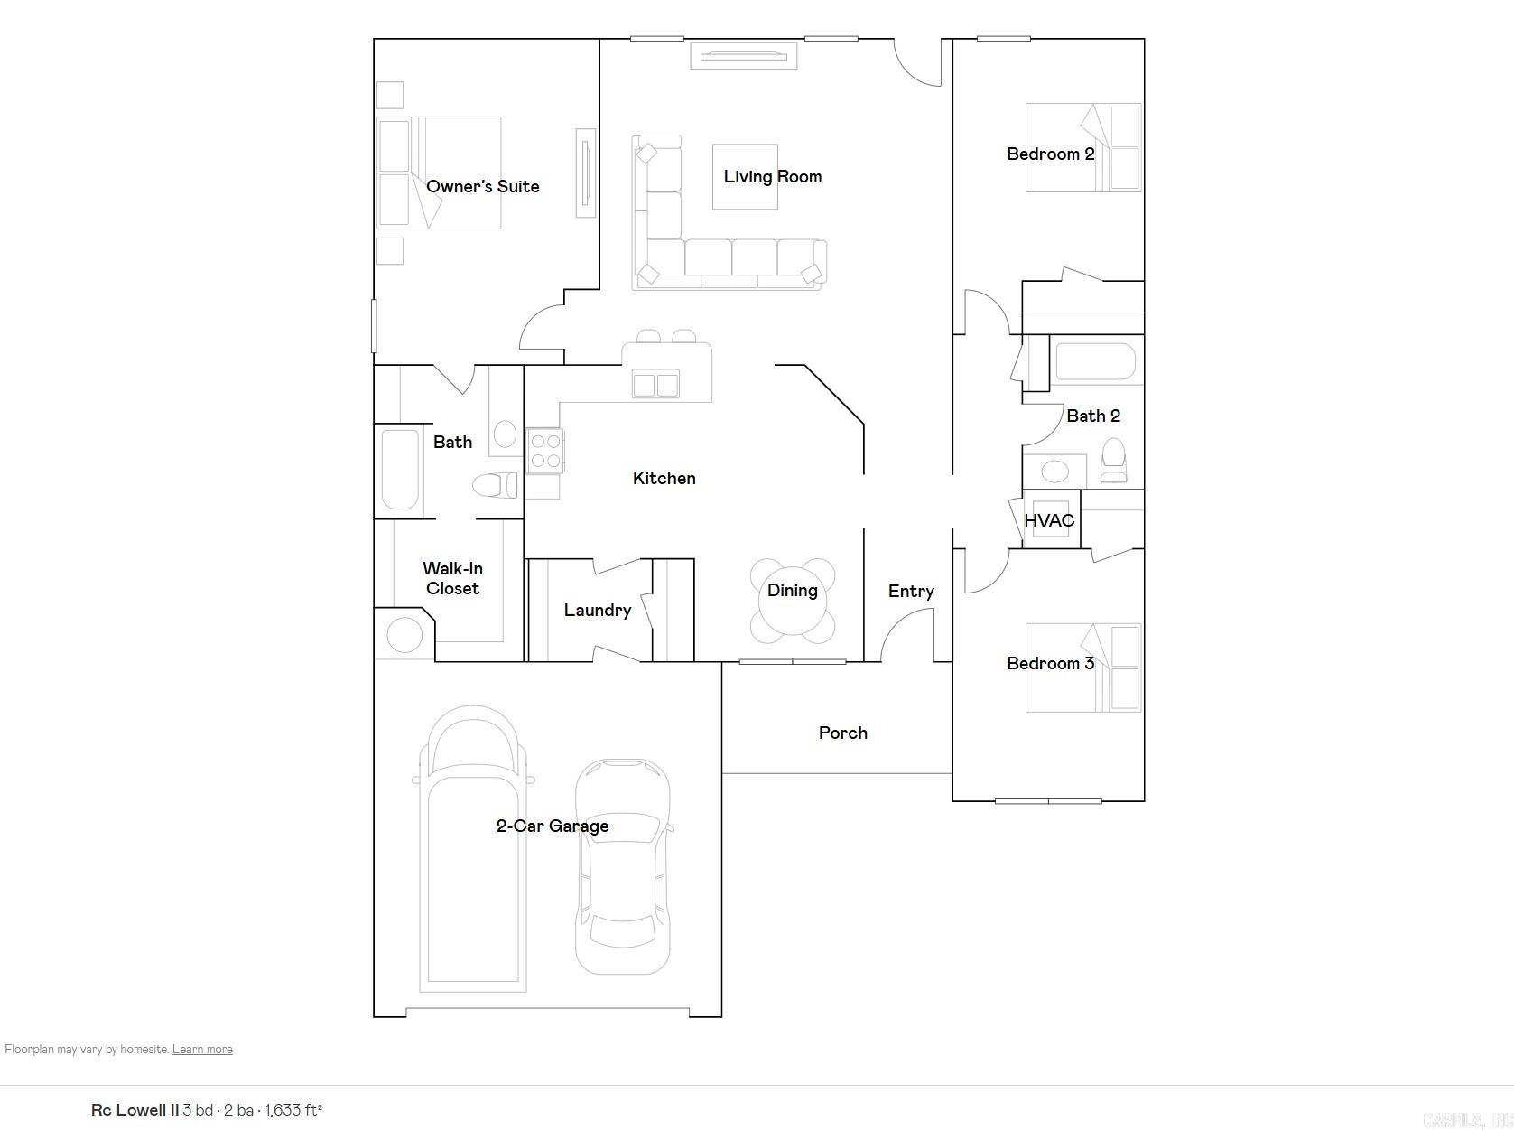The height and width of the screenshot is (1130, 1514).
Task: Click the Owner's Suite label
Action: pos(482,186)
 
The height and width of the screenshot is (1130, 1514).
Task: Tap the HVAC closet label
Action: pos(1049,520)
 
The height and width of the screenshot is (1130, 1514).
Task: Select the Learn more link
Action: pos(202,1049)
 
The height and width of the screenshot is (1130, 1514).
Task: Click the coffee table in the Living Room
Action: pos(745,177)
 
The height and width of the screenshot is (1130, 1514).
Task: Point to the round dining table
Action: pos(793,602)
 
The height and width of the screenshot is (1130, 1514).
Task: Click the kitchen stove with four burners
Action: pos(544,451)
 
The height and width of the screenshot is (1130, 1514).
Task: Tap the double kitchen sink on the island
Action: pos(655,385)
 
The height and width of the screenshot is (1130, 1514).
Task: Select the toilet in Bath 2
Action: pos(1114,461)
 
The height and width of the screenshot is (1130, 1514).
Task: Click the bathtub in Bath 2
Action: pos(1094,361)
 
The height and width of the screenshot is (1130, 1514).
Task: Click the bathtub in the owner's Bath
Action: pos(400,470)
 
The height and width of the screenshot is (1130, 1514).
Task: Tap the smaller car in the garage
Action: pos(623,867)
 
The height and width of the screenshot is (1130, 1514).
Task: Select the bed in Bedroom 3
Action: pos(1083,668)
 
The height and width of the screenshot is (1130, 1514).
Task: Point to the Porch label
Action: pos(842,733)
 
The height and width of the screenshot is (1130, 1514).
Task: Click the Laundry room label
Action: pos(597,610)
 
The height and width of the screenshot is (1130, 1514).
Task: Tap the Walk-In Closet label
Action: pos(452,578)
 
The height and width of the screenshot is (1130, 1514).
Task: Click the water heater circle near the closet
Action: pos(404,635)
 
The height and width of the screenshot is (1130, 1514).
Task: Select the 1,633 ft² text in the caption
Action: pos(293,1109)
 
